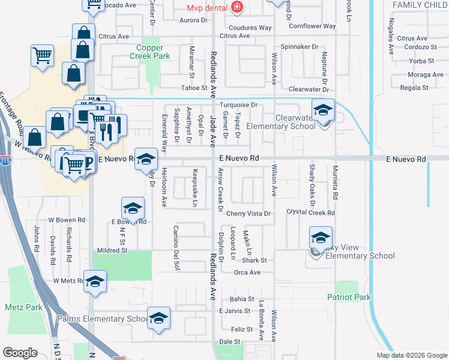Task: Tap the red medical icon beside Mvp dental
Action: tap(238, 7)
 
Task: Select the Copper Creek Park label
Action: tap(149, 52)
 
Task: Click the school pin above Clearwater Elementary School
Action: tap(323, 111)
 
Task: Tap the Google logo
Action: tap(20, 352)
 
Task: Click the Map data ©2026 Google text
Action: tap(411, 355)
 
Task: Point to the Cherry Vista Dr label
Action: tap(249, 214)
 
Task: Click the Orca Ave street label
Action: tap(247, 272)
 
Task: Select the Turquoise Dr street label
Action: tap(238, 105)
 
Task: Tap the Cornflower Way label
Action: tap(312, 26)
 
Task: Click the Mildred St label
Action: tap(113, 250)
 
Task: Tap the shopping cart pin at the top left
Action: tap(43, 56)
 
